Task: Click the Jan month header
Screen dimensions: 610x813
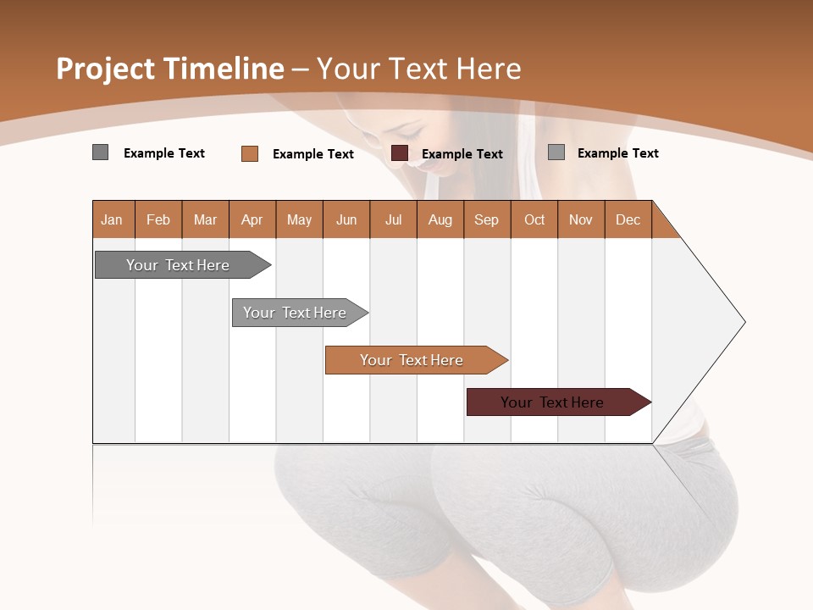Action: (112, 219)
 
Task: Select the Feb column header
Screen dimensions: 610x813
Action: (158, 219)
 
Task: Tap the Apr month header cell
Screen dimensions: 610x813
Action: (252, 219)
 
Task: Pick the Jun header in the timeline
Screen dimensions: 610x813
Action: (346, 219)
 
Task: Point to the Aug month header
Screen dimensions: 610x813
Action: (440, 219)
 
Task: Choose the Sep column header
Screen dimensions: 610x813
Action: (487, 219)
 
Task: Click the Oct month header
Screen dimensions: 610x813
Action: (534, 219)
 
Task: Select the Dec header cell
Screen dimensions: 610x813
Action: (628, 219)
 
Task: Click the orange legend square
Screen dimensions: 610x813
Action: (250, 153)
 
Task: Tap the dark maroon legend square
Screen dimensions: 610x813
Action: (400, 153)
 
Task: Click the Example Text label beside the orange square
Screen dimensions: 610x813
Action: (313, 154)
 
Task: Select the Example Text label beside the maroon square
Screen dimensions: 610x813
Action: (462, 154)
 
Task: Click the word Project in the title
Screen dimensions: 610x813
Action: (106, 69)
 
